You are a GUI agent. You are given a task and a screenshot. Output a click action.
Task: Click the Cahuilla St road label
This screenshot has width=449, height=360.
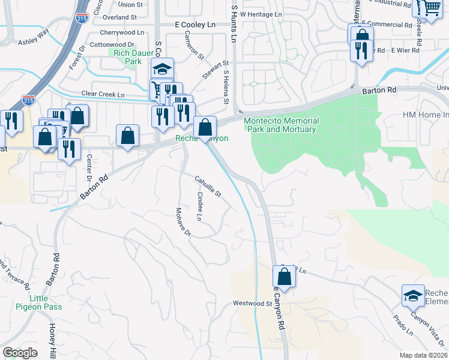tap(208, 185)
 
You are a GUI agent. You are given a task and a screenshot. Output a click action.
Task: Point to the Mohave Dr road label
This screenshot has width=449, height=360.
tap(182, 221)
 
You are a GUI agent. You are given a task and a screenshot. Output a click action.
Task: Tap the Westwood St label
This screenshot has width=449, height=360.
tap(253, 304)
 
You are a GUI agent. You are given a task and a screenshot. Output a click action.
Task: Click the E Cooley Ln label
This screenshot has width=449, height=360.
tap(194, 25)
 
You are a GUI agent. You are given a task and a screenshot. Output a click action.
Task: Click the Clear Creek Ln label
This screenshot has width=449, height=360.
tap(103, 95)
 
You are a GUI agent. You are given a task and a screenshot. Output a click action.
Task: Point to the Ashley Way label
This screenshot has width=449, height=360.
tap(33, 38)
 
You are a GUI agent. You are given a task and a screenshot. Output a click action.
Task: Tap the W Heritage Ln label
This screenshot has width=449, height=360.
tap(261, 13)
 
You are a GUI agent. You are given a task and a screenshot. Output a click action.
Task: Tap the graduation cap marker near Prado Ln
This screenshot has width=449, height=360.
tap(413, 295)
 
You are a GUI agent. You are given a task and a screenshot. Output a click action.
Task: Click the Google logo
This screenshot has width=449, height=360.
tap(20, 353)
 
